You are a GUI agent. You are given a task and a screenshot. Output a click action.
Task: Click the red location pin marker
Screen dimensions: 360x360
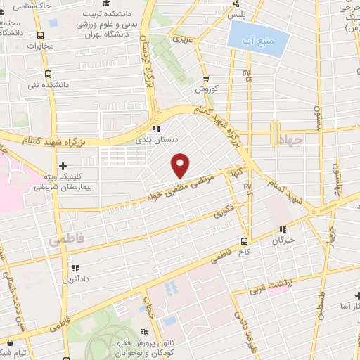click(181, 165)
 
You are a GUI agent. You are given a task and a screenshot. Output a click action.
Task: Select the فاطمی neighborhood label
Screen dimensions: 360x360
click(66, 240)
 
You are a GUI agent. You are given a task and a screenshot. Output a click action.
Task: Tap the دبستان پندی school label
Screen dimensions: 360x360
click(157, 140)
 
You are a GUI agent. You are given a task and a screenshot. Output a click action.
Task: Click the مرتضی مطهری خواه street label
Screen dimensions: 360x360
click(177, 189)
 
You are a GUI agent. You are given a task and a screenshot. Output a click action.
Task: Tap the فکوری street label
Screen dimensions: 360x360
click(224, 210)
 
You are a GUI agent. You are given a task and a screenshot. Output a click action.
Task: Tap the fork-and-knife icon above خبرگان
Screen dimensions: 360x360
click(283, 229)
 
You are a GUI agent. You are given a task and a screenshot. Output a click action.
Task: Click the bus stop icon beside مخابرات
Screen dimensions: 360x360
click(42, 35)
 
